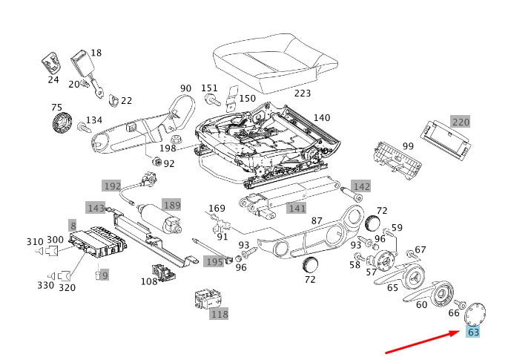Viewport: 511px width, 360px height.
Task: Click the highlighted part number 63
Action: tap(473, 332)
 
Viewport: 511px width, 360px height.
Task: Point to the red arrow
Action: tap(423, 343)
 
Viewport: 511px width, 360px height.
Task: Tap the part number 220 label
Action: tap(461, 122)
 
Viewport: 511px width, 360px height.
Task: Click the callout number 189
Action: tap(171, 205)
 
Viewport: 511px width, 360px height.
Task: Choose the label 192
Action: tap(112, 186)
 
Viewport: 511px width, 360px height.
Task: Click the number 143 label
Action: tap(96, 208)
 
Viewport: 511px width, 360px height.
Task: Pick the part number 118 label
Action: tap(219, 314)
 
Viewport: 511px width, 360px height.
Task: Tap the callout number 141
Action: tap(297, 209)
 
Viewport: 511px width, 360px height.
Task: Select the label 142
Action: tap(360, 186)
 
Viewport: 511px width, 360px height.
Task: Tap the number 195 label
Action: tap(214, 262)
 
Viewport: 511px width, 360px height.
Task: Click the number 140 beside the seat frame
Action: tap(321, 118)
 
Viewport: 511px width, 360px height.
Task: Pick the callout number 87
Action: tap(316, 221)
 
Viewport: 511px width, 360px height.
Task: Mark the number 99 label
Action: tap(408, 146)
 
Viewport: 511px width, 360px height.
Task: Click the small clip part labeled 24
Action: tap(52, 63)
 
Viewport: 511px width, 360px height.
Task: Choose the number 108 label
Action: tap(148, 281)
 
